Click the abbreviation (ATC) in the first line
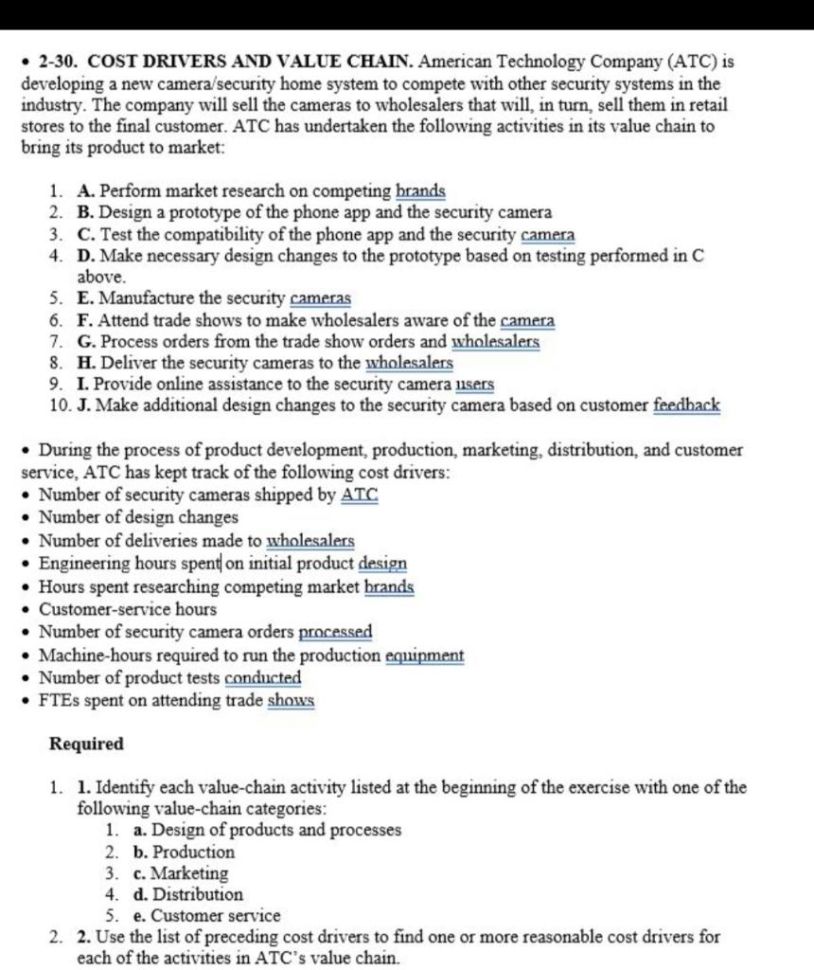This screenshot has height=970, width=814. pyautogui.click(x=699, y=63)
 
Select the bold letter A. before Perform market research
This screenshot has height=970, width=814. pyautogui.click(x=86, y=192)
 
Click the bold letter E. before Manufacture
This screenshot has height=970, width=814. pyautogui.click(x=86, y=299)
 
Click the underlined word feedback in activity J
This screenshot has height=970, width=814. pyautogui.click(x=686, y=406)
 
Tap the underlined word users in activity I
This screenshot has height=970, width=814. pyautogui.click(x=474, y=386)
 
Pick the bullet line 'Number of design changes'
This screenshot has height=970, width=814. pyautogui.click(x=138, y=518)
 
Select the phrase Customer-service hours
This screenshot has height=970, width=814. pyautogui.click(x=128, y=609)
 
